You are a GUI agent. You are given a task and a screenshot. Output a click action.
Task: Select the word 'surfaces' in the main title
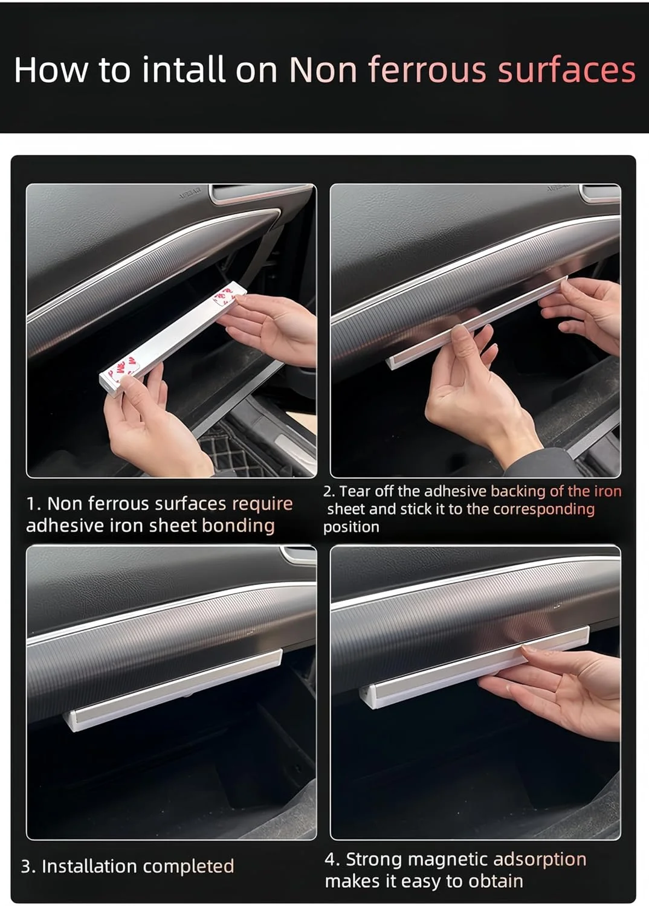point(567,70)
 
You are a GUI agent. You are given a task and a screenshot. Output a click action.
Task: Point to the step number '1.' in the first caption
point(33,504)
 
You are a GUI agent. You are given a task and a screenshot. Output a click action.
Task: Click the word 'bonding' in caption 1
point(238,525)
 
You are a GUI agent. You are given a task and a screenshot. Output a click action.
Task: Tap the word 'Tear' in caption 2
point(355,491)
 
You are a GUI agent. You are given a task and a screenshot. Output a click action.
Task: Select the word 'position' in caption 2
point(351,527)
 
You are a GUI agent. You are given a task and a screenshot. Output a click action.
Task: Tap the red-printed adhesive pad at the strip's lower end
point(121,367)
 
